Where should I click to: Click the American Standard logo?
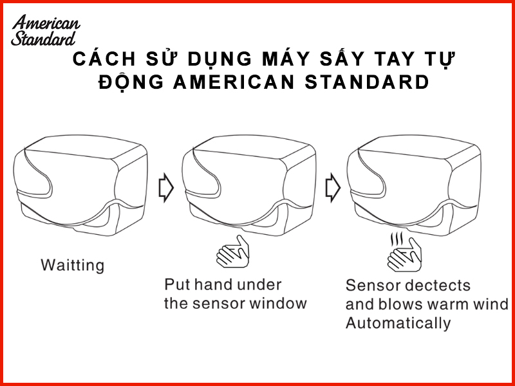point(45,30)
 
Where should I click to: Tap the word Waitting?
point(73,265)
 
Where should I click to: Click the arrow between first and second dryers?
point(166,187)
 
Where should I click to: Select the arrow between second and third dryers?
point(333,187)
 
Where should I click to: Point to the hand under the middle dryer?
point(233,252)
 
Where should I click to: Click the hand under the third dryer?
point(404,255)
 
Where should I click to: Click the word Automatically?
point(398,324)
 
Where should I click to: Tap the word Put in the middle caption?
point(176,284)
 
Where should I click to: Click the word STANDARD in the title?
point(367,82)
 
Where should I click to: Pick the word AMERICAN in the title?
point(234,82)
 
